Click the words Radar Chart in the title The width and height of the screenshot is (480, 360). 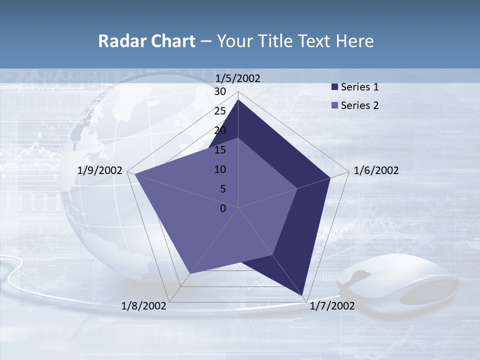146,41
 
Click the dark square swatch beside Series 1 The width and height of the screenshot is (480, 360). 334,87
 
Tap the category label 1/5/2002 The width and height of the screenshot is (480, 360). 237,78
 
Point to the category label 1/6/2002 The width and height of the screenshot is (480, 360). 376,170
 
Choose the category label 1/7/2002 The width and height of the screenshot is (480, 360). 332,305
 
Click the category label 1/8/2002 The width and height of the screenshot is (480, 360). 144,305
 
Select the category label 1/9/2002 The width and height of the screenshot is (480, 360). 100,170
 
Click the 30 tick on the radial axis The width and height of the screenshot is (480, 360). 220,91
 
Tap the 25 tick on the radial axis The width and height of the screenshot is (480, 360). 220,111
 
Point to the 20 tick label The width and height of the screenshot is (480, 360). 220,130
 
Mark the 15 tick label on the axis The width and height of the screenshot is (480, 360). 220,150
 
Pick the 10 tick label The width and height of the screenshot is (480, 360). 220,169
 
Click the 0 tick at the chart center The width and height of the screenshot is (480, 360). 223,208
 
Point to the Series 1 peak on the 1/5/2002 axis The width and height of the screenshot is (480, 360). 238,100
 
